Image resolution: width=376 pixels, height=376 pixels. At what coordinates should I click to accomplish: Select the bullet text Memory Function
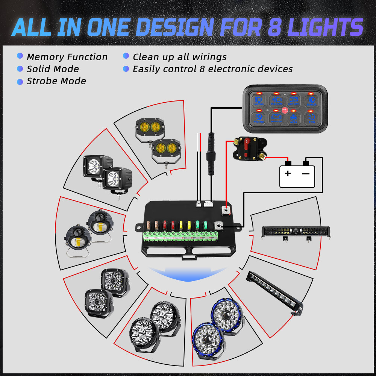tap(67, 57)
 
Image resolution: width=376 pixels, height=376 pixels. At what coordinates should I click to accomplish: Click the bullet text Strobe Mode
tap(56, 81)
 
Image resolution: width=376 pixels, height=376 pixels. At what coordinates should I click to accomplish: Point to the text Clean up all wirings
tap(179, 57)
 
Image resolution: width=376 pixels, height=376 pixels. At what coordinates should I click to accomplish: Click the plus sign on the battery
tap(288, 173)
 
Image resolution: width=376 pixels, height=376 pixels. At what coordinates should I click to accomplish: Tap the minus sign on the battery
tap(306, 173)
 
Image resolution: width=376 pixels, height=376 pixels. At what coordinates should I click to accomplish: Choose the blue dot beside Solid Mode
tap(20, 69)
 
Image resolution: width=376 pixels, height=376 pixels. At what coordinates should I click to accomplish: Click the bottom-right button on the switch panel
tap(311, 118)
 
